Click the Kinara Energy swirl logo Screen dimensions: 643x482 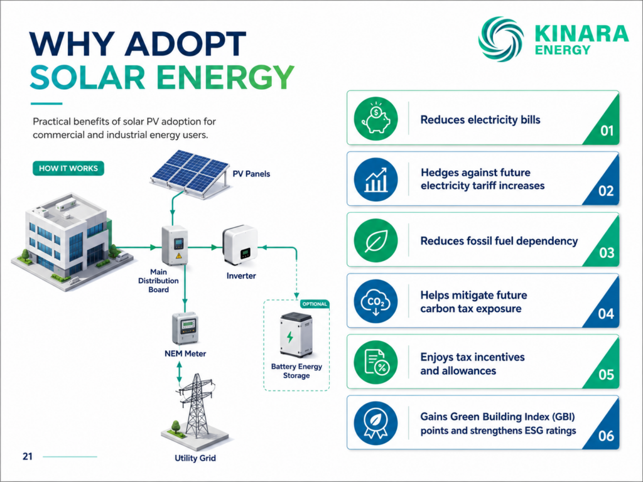[500, 40]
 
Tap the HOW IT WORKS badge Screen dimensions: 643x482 [68, 168]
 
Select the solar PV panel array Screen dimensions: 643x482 [190, 174]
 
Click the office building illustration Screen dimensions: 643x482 [72, 242]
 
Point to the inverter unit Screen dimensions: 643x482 [240, 245]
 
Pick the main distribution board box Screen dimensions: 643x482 [175, 245]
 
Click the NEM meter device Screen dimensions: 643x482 [185, 328]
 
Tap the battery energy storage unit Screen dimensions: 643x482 [296, 335]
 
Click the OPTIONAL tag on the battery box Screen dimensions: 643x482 [315, 304]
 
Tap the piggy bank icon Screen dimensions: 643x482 [376, 119]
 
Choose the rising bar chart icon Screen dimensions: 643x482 [376, 179]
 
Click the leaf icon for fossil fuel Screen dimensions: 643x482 [376, 240]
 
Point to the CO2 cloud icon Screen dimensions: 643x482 [376, 302]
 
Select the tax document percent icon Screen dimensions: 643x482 [376, 362]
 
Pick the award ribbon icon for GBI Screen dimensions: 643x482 [376, 424]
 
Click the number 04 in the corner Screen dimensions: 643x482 [606, 314]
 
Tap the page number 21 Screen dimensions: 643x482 [28, 457]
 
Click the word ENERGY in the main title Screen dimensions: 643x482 [225, 77]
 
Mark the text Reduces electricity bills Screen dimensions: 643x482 [480, 120]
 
